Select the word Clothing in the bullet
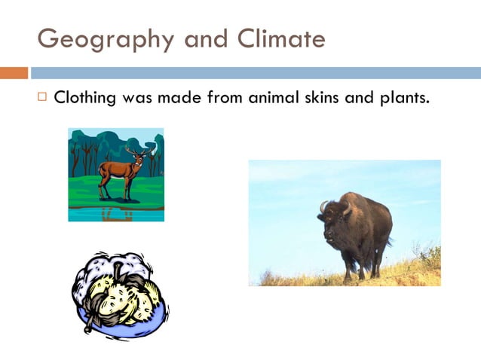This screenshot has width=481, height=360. point(84,98)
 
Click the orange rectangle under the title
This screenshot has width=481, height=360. point(14,73)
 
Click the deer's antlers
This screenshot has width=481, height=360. point(136,152)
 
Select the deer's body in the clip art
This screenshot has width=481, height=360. point(116,170)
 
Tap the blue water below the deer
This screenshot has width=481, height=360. point(116,214)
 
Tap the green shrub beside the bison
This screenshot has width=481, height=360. point(430,258)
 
